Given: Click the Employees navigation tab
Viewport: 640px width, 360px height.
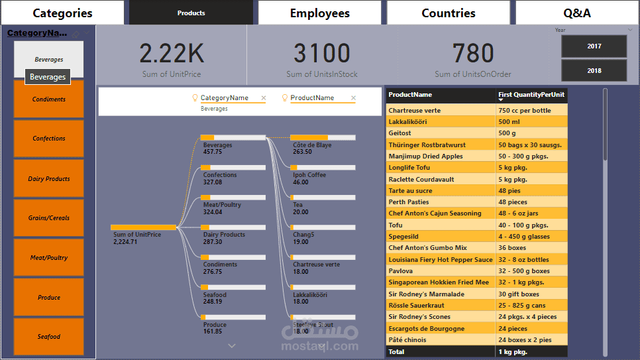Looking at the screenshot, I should [319, 13].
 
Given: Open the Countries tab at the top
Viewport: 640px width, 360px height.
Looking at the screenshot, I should [449, 13].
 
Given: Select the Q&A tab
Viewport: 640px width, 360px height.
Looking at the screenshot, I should [576, 13].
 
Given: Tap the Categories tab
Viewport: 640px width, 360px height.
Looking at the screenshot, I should [62, 13].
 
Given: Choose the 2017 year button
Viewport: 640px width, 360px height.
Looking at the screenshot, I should [594, 46].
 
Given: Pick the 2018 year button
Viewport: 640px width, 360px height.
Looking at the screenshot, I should [594, 70].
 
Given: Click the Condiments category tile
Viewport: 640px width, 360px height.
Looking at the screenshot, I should [49, 99].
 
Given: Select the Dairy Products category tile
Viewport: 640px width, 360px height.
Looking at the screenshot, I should [49, 179].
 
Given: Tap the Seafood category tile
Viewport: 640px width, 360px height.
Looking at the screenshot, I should [49, 337].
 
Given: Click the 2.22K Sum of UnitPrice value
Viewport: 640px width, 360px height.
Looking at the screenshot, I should [172, 54].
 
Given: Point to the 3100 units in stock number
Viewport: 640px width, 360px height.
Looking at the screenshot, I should [321, 54].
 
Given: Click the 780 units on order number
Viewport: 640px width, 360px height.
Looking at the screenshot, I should [473, 54].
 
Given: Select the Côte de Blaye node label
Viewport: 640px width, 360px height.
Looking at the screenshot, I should [312, 145].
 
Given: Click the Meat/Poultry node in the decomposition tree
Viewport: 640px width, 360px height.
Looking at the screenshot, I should [222, 205].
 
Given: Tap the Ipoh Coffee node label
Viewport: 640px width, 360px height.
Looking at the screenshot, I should [309, 175].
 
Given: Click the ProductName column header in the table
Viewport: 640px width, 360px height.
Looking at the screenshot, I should [410, 95].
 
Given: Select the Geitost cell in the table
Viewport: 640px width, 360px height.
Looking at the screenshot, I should [400, 133].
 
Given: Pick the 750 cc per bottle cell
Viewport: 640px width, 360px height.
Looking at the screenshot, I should [525, 111].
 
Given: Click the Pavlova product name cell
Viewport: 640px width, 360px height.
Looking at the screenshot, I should [400, 271].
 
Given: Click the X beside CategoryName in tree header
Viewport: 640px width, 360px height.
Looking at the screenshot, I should [264, 98].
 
